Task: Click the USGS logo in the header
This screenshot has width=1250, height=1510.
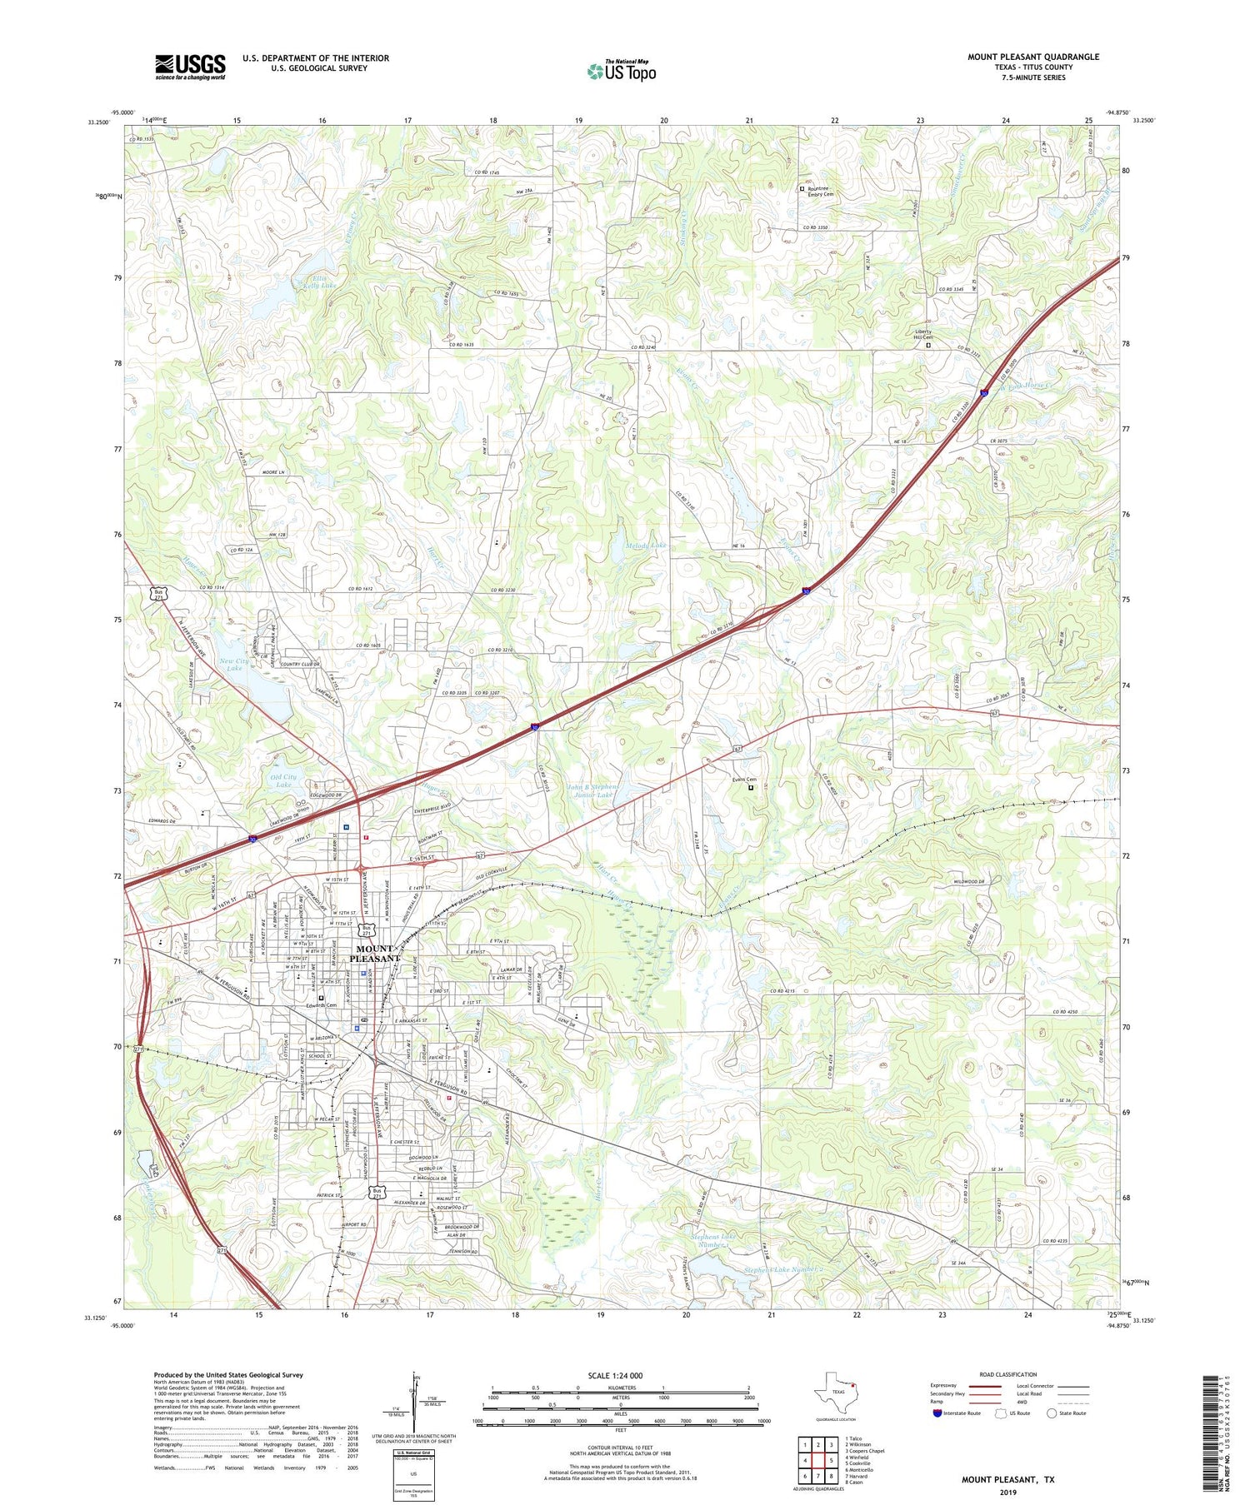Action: pyautogui.click(x=190, y=67)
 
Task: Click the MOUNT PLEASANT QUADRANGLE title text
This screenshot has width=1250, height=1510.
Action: pyautogui.click(x=1032, y=57)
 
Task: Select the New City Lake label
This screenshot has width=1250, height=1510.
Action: pyautogui.click(x=233, y=664)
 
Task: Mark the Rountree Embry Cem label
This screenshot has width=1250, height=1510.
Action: pyautogui.click(x=820, y=191)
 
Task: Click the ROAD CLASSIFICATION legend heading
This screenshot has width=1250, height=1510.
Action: pyautogui.click(x=1008, y=1374)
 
